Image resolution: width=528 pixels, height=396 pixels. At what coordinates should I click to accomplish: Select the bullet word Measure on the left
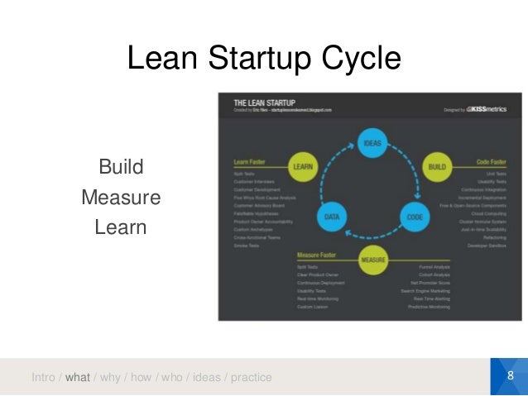(x=121, y=198)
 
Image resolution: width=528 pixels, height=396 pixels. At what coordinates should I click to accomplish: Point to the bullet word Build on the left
(x=121, y=168)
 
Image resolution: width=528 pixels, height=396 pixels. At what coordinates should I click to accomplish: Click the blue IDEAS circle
(x=371, y=143)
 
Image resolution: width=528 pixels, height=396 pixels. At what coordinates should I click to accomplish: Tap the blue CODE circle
(x=415, y=217)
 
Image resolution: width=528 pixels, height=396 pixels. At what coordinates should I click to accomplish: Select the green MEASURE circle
(x=372, y=260)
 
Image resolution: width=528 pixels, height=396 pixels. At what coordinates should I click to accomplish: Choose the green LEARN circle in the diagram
(x=301, y=168)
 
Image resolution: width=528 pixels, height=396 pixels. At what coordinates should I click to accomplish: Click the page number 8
(x=510, y=377)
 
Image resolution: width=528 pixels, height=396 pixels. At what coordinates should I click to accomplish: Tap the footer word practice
(x=251, y=378)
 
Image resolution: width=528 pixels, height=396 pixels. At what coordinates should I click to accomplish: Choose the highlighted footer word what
(x=77, y=378)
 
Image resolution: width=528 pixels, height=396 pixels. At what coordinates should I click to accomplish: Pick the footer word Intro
(x=43, y=378)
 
